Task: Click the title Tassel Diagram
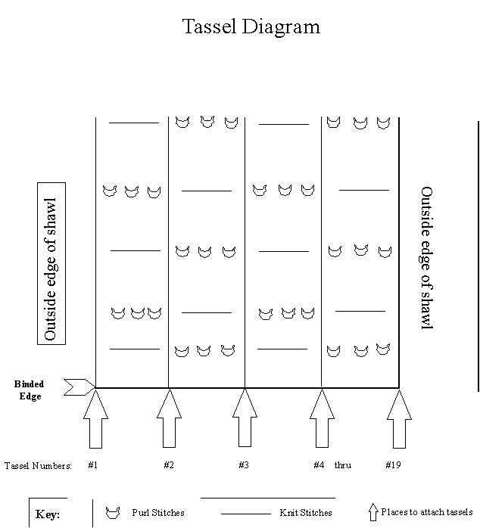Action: pyautogui.click(x=251, y=26)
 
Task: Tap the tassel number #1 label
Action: pyautogui.click(x=93, y=465)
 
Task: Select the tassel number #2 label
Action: pyautogui.click(x=169, y=465)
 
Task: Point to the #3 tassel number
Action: pyautogui.click(x=244, y=465)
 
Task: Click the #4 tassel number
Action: pyautogui.click(x=319, y=465)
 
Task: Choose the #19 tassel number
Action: pyautogui.click(x=393, y=465)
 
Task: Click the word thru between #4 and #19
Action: pyautogui.click(x=343, y=465)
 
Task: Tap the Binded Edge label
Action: pyautogui.click(x=30, y=390)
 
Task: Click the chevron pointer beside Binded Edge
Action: pyautogui.click(x=79, y=387)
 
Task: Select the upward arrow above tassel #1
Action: pyautogui.click(x=95, y=418)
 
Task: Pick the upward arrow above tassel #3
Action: pyautogui.click(x=245, y=418)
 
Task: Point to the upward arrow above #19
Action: pyautogui.click(x=399, y=419)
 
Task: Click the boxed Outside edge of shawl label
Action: pyautogui.click(x=51, y=264)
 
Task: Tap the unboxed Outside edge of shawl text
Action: pyautogui.click(x=427, y=258)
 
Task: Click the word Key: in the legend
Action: pyautogui.click(x=48, y=514)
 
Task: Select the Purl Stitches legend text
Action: pyautogui.click(x=158, y=513)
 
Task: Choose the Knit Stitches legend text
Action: pyautogui.click(x=306, y=513)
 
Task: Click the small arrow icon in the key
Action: pyautogui.click(x=372, y=512)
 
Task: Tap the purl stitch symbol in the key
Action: pyautogui.click(x=113, y=513)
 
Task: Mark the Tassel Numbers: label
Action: pyautogui.click(x=38, y=466)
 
